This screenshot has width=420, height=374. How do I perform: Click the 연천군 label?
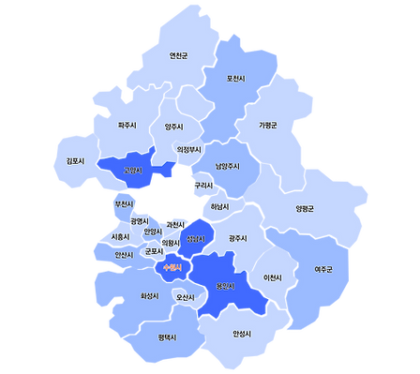point(178,55)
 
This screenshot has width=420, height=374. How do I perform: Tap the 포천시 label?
point(236,78)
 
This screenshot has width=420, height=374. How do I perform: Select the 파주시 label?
point(127,125)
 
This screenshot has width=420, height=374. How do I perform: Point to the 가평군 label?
point(269,125)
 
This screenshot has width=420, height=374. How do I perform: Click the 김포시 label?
point(75,160)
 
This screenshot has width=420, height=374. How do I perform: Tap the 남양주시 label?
point(228,166)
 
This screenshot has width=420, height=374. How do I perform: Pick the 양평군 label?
point(305,208)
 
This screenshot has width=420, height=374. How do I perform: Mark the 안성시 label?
point(242,334)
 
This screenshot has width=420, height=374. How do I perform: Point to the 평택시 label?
point(168,337)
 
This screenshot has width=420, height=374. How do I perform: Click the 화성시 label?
point(149,295)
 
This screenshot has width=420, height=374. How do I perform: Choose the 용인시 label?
point(224,286)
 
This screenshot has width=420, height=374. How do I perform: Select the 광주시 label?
point(237,238)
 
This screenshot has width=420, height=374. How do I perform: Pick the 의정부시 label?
point(189,149)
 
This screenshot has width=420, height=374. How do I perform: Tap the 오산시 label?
point(186,297)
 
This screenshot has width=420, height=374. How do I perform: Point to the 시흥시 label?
point(120,237)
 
